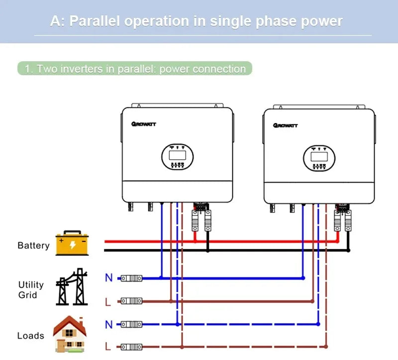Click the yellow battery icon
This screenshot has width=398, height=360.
72,243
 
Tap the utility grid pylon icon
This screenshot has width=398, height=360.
72,287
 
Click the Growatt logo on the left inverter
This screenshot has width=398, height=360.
144,123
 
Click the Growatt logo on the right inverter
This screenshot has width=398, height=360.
285,125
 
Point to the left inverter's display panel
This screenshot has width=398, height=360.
177,156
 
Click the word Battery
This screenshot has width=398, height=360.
33,245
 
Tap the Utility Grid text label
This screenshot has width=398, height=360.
31,290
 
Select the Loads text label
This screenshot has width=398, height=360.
31,336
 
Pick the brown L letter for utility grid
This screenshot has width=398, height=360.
108,301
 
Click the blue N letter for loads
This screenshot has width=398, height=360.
108,325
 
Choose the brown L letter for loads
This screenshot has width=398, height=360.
108,347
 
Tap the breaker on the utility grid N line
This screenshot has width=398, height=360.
132,278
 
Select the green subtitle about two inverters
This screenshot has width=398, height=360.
135,69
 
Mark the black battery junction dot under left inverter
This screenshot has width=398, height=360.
207,250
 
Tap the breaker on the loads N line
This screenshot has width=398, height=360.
132,324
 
